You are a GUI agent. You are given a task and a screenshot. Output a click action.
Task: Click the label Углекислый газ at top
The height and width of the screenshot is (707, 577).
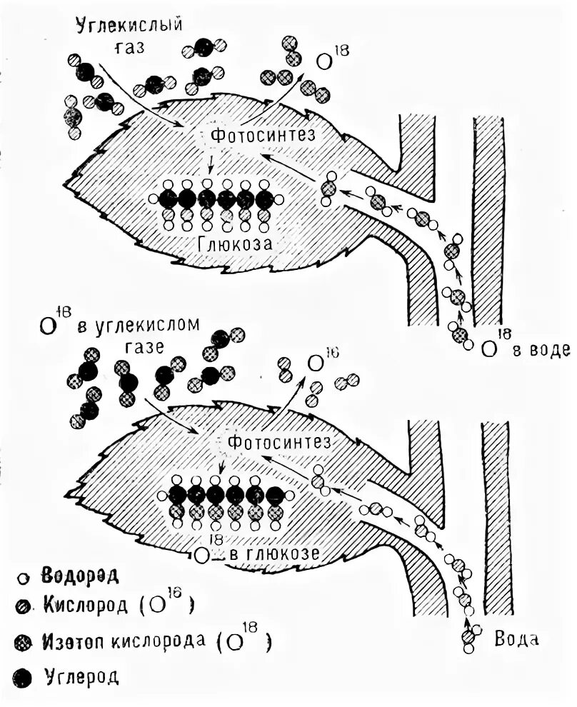pyautogui.click(x=129, y=35)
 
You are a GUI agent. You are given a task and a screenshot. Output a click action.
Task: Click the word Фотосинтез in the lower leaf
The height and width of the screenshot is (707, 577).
pyautogui.click(x=279, y=441)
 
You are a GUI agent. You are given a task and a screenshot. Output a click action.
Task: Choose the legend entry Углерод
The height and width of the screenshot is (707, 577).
pyautogui.click(x=79, y=675)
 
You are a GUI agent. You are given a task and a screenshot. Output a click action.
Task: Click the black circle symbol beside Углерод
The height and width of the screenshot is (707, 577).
pyautogui.click(x=23, y=675)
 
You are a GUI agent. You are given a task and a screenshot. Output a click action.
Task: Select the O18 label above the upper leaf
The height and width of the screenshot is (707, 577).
pyautogui.click(x=326, y=61)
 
